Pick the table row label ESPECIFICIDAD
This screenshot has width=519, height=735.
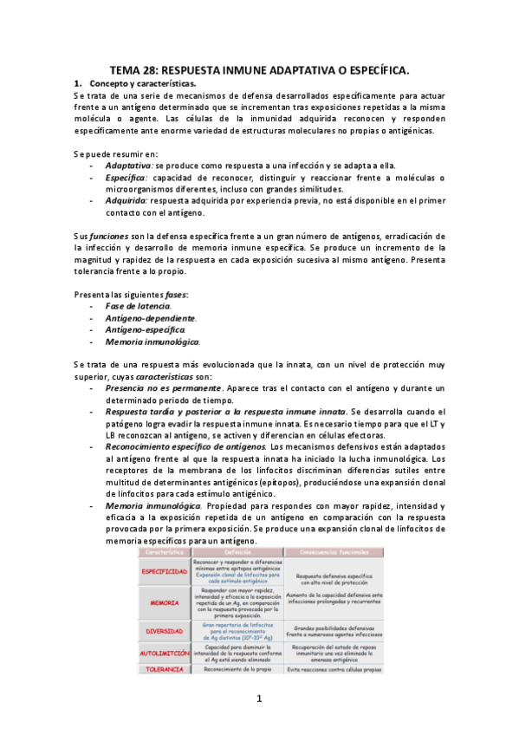click(x=165, y=572)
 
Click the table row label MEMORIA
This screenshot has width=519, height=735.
click(x=165, y=602)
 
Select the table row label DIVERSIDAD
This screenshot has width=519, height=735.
click(x=165, y=631)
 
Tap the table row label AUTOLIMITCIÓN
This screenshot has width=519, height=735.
click(x=165, y=653)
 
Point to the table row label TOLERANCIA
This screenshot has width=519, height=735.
click(x=165, y=670)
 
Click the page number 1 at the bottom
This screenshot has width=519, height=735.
click(x=258, y=699)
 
